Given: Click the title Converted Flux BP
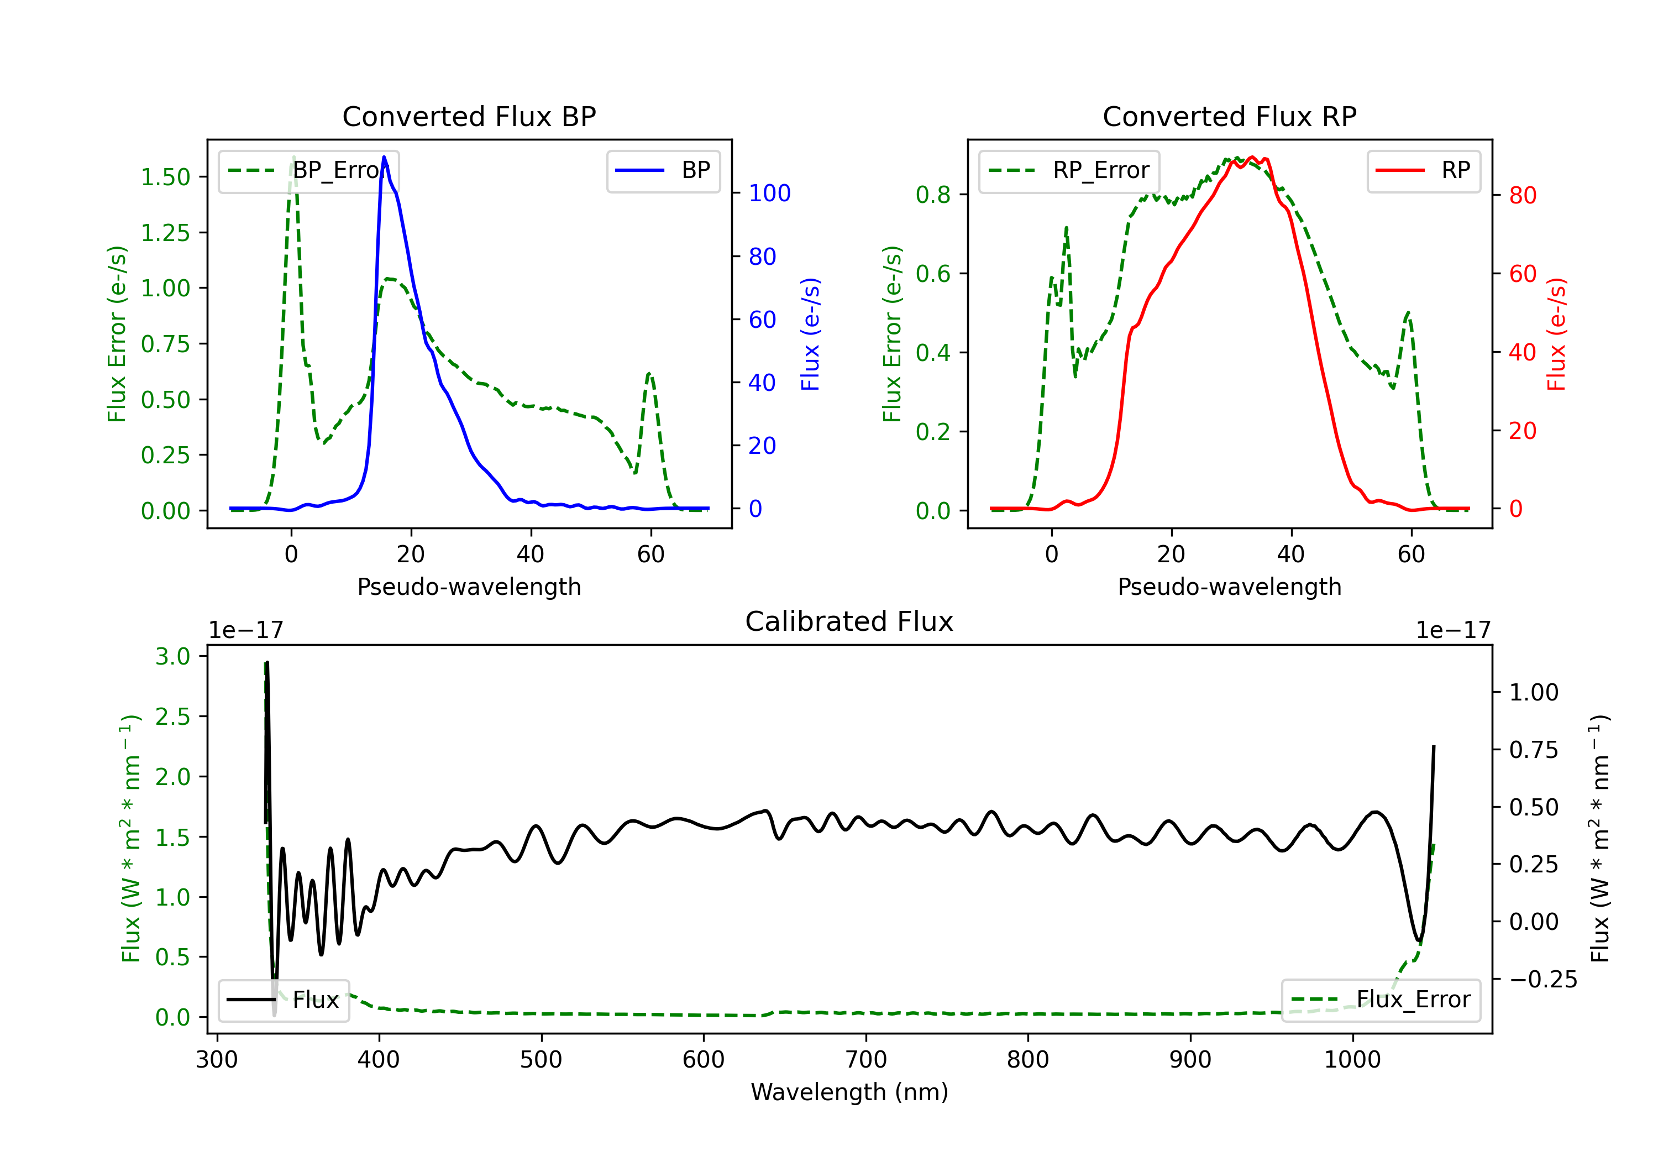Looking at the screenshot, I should [x=469, y=116].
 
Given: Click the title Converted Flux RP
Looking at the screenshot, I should [x=1229, y=116].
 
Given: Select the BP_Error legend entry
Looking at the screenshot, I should [x=309, y=170].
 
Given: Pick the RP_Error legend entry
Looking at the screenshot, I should [x=1069, y=170].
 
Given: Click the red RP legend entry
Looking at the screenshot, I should [x=1423, y=170].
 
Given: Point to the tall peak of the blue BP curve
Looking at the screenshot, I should [x=384, y=158].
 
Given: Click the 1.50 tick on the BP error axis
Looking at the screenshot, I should [x=165, y=177].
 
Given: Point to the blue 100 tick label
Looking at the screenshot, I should [x=769, y=193].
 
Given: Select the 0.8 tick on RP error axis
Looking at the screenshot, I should [x=932, y=195].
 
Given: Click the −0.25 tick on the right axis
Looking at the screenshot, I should [x=1543, y=979].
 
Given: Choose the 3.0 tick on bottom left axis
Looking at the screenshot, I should [x=172, y=656].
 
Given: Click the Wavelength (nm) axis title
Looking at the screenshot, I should [x=849, y=1092].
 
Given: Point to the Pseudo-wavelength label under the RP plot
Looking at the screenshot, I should [x=1229, y=587].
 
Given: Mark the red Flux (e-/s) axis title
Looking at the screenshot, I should [x=1556, y=334].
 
